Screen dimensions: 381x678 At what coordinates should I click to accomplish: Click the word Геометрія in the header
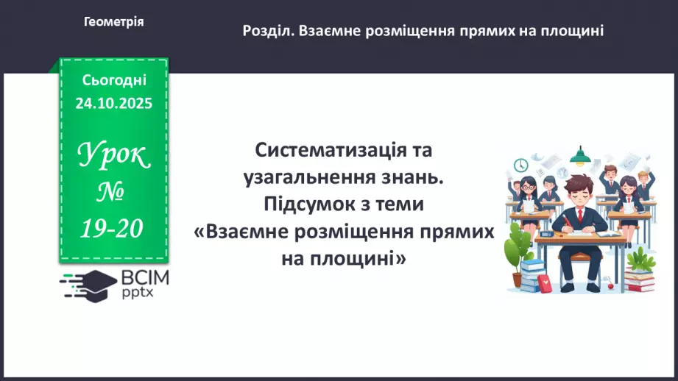pos(113,22)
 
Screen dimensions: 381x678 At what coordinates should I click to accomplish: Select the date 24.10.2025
pos(113,103)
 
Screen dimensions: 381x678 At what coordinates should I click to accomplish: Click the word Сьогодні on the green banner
pos(114,79)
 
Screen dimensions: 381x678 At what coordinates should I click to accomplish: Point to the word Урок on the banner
pos(113,155)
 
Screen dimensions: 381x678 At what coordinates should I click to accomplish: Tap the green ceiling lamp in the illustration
pos(582,154)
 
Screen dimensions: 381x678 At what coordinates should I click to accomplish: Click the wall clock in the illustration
pos(520,164)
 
